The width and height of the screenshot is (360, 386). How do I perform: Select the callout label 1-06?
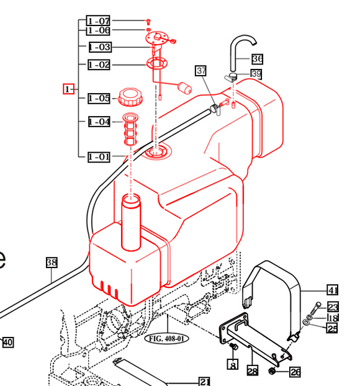coord(99,30)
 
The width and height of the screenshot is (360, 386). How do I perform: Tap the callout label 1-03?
coord(99,47)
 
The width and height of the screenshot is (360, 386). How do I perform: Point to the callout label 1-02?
coord(99,65)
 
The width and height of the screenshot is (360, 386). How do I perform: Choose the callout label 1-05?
coord(99,98)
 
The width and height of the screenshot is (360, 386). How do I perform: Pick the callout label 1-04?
coord(99,122)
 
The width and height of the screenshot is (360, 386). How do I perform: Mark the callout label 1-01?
coord(99,156)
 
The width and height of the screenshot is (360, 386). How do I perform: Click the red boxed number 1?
coord(69,89)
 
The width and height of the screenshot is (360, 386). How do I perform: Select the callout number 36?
coord(258,59)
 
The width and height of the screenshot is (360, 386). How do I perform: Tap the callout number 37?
coord(200,70)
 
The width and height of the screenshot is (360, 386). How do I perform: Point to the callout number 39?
coord(256,74)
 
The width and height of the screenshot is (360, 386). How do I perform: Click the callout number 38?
coord(52,263)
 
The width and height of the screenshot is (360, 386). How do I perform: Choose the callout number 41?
coord(333,290)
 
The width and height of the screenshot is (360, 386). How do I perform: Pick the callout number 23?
coord(333,307)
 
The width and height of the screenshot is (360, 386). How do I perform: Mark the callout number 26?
coord(295,372)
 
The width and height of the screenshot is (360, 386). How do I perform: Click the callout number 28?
coord(252,371)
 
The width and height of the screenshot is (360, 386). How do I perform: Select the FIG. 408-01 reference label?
coord(166,339)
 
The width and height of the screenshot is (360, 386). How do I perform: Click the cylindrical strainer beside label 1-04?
coord(130,129)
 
